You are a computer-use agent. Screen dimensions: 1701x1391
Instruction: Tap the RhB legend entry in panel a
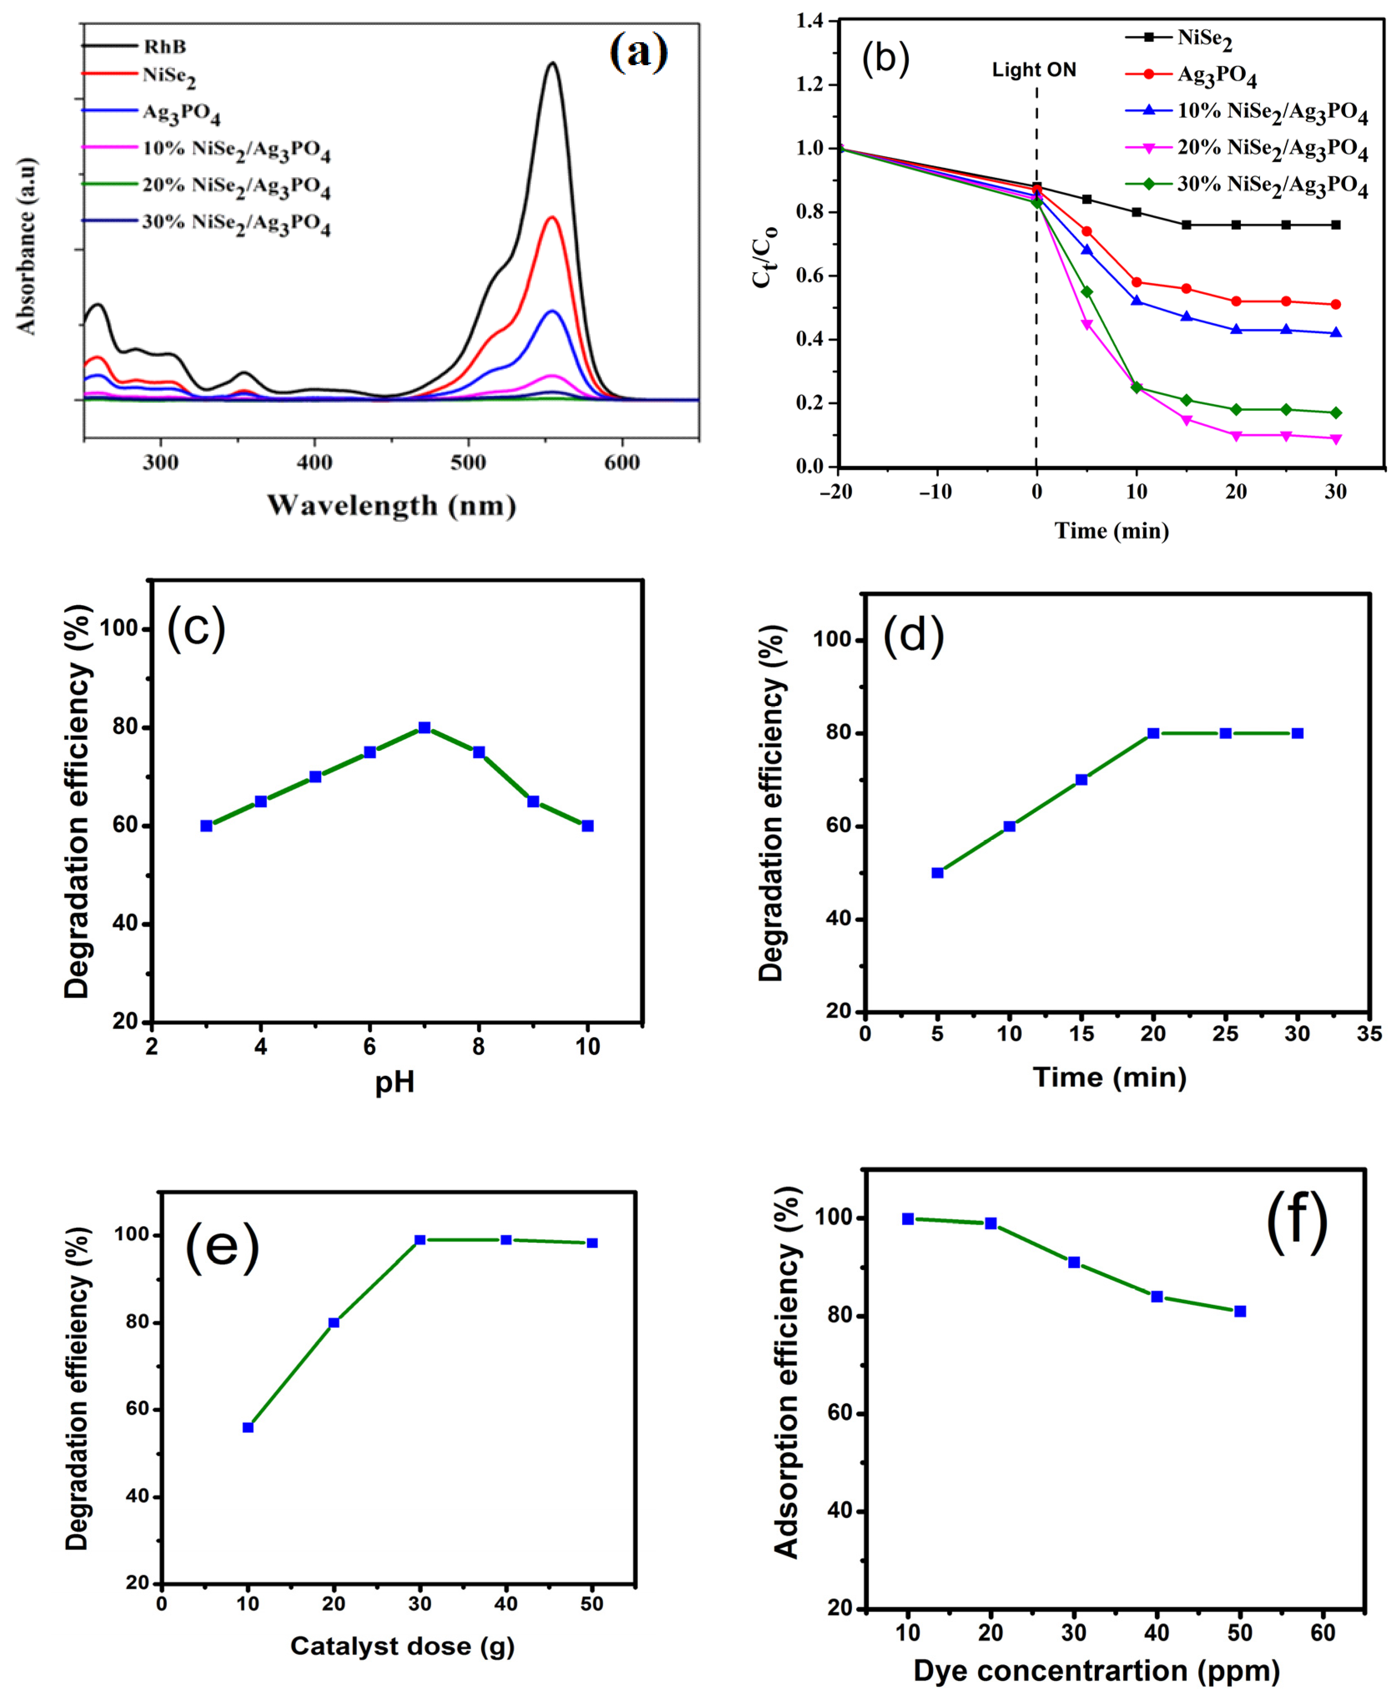[164, 46]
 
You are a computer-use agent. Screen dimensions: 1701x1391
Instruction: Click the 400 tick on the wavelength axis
[314, 462]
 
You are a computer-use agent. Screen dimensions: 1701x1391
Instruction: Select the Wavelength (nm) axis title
[391, 505]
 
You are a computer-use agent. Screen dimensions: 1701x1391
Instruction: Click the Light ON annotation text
[1034, 71]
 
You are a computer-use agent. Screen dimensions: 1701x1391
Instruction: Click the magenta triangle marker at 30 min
[1336, 439]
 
